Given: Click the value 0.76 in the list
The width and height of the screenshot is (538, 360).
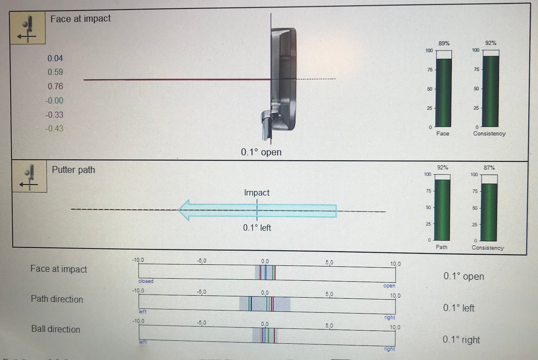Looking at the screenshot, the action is coord(55,86).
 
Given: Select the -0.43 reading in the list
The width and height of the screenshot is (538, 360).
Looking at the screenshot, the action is coord(54,128).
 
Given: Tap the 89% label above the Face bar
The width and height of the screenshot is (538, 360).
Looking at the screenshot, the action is coord(444,43).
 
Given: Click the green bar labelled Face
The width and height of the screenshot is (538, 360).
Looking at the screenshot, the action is coord(444,93).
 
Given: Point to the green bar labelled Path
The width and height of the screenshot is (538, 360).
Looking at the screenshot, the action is coord(442,210).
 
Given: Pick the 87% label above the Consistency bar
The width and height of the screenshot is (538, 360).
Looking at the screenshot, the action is coord(489,168).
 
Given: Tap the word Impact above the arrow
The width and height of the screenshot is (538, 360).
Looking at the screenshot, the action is coord(257,193).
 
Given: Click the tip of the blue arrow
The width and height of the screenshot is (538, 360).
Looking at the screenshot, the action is coord(179,210).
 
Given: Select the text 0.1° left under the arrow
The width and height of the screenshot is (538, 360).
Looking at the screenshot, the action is coord(257,227).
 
